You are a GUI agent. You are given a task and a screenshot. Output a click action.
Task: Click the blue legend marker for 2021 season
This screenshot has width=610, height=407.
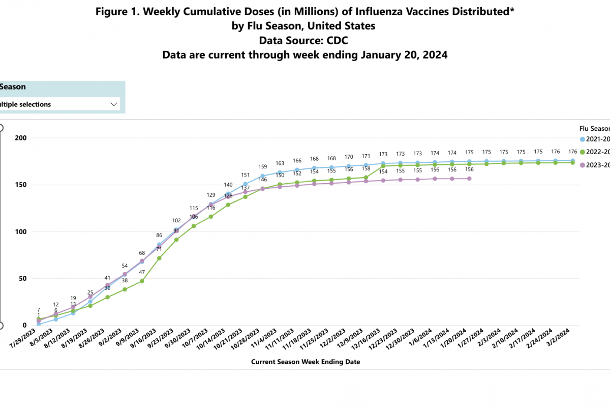coord(582,139)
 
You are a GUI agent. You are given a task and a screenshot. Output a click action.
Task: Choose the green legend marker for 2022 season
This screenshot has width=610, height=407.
coord(582,152)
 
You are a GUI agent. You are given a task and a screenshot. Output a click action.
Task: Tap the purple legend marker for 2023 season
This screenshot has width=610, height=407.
coord(582,164)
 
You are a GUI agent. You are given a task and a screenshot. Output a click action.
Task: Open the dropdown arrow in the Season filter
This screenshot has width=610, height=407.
coord(113,104)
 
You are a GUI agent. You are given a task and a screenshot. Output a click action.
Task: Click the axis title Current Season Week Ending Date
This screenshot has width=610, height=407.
coord(306,362)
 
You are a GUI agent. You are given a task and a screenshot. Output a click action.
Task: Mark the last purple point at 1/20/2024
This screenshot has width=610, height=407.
coord(469,179)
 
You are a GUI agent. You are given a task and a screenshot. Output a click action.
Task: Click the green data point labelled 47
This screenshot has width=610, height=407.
coord(142,281)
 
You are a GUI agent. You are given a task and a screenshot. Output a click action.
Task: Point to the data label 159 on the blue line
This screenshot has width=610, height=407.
coord(262,166)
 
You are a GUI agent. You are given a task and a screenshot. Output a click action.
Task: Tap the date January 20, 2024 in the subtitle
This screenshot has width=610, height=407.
coord(405,54)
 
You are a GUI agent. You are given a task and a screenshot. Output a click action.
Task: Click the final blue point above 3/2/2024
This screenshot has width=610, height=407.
coord(572,161)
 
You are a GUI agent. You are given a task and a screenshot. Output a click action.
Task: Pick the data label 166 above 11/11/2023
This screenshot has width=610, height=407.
coord(297,161)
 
